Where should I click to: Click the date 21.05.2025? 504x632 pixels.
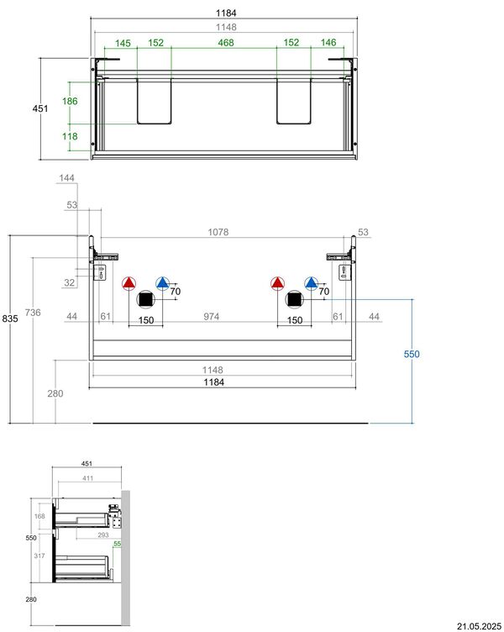point(480,626)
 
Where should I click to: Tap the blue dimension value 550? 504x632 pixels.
point(412,354)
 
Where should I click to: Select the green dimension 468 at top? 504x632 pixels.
point(226,42)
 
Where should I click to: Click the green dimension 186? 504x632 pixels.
point(70,101)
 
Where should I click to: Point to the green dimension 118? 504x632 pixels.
point(70,136)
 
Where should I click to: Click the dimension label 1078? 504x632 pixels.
point(218,232)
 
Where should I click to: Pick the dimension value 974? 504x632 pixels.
point(211,316)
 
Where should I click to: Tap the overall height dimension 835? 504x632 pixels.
point(10,319)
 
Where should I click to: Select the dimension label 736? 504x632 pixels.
point(33,313)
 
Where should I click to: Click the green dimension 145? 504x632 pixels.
point(123,43)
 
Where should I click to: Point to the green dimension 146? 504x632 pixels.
point(328,42)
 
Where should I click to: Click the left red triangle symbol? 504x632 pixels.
point(129,283)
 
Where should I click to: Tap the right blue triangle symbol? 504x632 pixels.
point(311,283)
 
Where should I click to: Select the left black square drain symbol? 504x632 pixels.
point(145,299)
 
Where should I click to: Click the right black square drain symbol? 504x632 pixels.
point(294,299)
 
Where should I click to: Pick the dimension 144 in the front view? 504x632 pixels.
point(66,178)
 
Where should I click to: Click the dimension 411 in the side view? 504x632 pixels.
point(87,478)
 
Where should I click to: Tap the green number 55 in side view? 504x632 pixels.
point(117,544)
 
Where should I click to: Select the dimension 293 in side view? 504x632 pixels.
point(103,535)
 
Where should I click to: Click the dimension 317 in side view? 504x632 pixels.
point(39,556)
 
